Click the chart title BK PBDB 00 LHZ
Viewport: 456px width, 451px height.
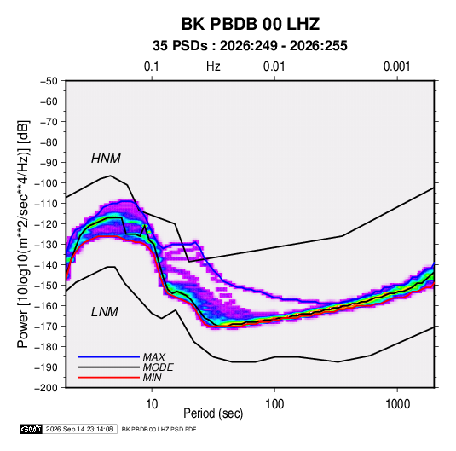(251, 24)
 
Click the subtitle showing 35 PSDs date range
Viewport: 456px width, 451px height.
(250, 46)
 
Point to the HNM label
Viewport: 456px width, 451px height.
(106, 159)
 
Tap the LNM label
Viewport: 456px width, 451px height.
(105, 312)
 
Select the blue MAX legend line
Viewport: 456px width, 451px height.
(109, 357)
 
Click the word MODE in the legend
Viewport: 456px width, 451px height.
(159, 367)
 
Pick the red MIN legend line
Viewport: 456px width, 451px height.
(109, 378)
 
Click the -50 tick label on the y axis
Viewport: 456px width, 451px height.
(49, 81)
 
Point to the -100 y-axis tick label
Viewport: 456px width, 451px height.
(46, 183)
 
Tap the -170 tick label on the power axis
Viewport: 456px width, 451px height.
(46, 327)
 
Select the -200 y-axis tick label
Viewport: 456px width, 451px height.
(46, 388)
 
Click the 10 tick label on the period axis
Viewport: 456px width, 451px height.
(152, 404)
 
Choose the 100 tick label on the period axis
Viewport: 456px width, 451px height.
(274, 404)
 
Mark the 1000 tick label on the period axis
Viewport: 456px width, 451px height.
(397, 404)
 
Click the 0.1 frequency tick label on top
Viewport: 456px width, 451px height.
(152, 66)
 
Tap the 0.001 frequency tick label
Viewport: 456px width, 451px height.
(397, 66)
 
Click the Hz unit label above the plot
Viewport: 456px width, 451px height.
(213, 66)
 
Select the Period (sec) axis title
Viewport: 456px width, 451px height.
(213, 413)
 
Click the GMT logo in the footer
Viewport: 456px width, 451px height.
(32, 429)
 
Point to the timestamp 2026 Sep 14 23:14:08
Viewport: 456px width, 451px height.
(79, 429)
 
